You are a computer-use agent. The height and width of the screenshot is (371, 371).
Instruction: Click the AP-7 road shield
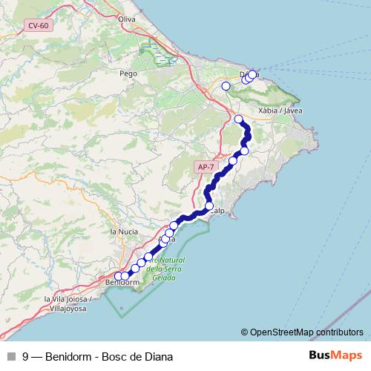(x=206, y=168)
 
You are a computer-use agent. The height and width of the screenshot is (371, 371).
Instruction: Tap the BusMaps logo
(x=336, y=355)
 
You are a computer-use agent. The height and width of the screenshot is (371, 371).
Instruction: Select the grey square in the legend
(x=10, y=355)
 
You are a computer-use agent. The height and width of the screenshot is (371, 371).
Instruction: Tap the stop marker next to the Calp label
(x=209, y=206)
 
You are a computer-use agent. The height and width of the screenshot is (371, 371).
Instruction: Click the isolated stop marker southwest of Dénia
(x=226, y=86)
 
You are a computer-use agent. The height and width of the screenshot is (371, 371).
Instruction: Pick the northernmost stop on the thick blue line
(x=238, y=119)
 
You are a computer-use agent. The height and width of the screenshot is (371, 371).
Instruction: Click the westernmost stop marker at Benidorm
(x=118, y=276)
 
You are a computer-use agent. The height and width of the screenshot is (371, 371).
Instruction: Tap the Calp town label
(x=217, y=211)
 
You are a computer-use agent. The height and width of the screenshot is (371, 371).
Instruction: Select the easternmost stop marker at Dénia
(x=253, y=73)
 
